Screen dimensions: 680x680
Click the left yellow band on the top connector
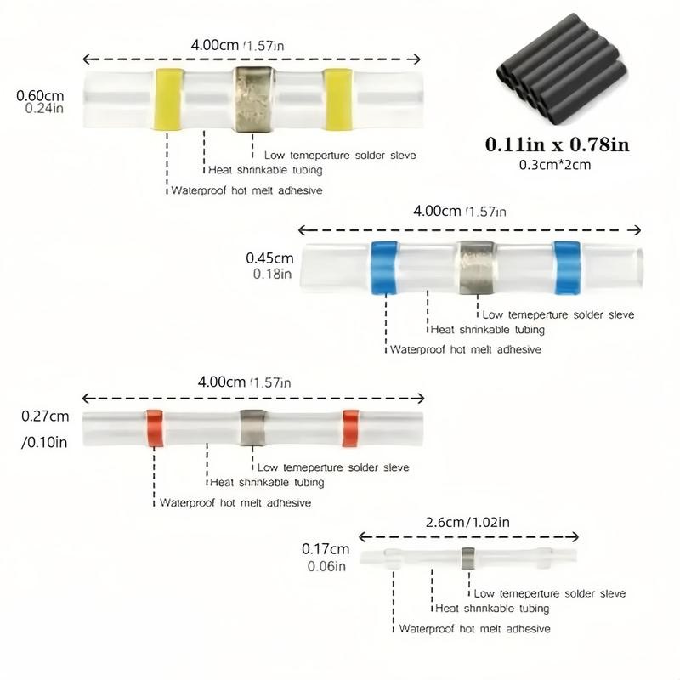[167, 99]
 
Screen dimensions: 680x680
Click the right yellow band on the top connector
[337, 99]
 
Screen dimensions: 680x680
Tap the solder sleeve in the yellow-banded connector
[253, 99]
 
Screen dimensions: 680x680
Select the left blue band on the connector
[384, 267]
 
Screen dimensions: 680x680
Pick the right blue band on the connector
[566, 267]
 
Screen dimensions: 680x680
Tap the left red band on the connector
[155, 428]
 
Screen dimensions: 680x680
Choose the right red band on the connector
[351, 428]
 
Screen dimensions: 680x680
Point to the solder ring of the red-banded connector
[252, 428]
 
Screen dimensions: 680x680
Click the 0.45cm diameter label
[269, 258]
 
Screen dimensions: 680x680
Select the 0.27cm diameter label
[44, 416]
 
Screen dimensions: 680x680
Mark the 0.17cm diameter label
[326, 549]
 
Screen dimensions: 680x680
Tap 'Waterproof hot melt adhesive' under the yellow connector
[246, 190]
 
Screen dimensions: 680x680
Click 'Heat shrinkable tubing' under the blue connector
[487, 330]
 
